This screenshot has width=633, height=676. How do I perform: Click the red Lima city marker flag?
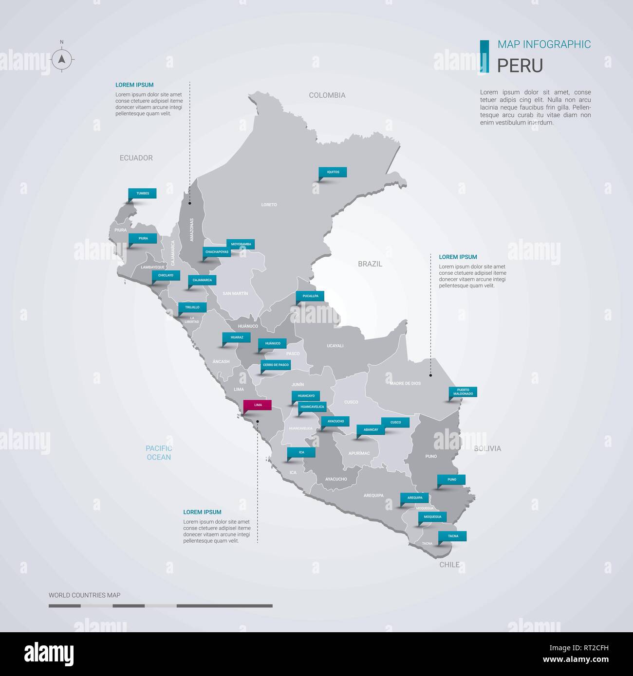258,405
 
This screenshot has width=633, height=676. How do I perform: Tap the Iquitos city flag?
333,172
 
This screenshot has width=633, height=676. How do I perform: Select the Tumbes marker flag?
142,193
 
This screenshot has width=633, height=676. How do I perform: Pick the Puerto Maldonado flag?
463,391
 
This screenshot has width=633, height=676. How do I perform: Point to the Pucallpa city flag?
310,296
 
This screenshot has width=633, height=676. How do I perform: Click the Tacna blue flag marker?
452,536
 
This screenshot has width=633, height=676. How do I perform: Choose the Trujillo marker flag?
192,307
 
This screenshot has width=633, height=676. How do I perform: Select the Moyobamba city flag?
241,244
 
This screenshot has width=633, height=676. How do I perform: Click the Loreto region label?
269,205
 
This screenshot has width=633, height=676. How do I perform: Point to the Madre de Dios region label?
405,383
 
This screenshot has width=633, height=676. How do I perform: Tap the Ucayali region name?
335,346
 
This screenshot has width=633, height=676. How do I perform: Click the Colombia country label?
327,95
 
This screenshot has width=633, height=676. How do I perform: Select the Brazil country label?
370,264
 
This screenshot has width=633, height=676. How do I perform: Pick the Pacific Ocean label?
159,453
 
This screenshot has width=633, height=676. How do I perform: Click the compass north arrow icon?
62,60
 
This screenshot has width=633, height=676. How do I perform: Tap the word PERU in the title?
520,66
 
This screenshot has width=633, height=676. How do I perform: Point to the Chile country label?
449,565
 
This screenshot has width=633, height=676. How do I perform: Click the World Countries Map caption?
84,595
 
